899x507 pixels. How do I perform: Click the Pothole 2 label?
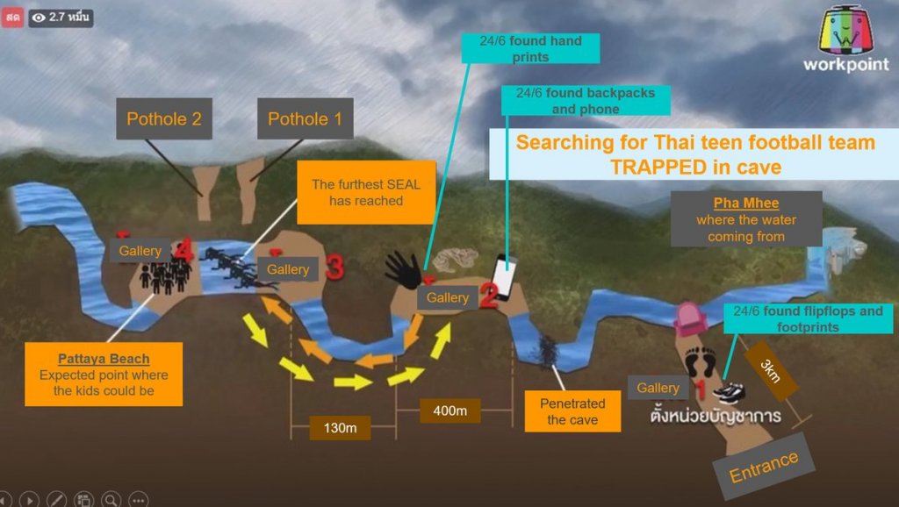pos(164,118)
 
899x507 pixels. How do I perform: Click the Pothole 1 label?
pos(305,118)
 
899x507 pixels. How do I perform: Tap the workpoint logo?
pos(845,40)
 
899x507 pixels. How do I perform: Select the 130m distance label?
pos(340,427)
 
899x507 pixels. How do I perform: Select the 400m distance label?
pos(449,411)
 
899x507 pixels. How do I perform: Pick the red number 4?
pos(183,250)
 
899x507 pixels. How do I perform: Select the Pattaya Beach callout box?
pos(104,374)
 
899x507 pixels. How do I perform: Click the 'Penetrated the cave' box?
pos(572,411)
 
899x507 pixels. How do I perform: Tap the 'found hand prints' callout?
pos(531,48)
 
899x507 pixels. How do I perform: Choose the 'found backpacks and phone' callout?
pos(586,101)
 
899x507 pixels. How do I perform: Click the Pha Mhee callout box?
pos(745,218)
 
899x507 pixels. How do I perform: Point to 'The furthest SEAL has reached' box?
pos(366,193)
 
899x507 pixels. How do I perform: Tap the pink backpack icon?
pos(689,317)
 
